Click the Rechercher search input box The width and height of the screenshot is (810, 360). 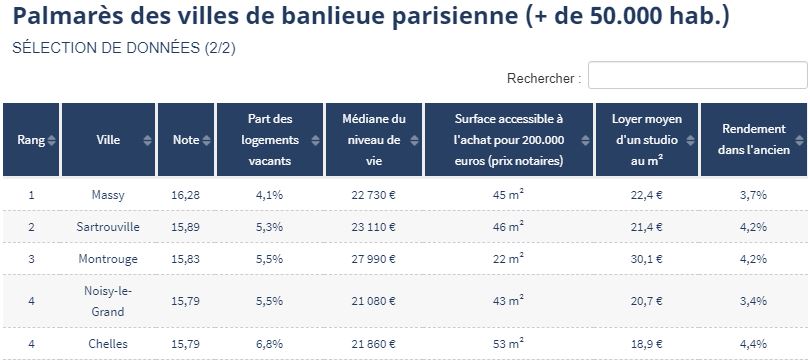(697, 75)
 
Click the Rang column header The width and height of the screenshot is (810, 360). (31, 139)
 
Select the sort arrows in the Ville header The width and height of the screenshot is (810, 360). (148, 140)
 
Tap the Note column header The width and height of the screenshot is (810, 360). (186, 139)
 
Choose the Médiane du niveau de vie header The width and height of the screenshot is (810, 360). (373, 139)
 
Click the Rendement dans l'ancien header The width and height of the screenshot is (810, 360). (754, 139)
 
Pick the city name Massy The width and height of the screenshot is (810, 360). (108, 195)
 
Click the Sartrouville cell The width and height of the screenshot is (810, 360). (108, 227)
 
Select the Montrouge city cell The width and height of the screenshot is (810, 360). (108, 259)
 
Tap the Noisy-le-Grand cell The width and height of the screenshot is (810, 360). (108, 301)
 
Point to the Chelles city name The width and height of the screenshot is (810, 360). (108, 343)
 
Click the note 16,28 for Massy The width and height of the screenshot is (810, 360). (185, 195)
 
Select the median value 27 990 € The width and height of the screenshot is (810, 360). (373, 259)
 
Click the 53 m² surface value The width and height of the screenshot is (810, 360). (508, 343)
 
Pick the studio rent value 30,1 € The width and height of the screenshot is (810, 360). (647, 259)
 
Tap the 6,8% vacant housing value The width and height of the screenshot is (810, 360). (270, 343)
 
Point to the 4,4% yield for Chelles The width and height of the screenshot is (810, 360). (754, 343)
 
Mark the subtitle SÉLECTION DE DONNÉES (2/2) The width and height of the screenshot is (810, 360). (124, 48)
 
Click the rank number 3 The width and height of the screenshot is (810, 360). (31, 259)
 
